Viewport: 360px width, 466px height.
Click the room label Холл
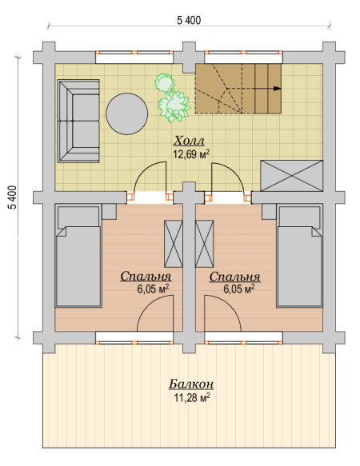tap(189, 140)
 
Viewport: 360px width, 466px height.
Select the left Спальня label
tap(146, 277)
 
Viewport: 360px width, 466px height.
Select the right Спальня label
tap(234, 277)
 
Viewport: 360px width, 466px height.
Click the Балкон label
tap(191, 384)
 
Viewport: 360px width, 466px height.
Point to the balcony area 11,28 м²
tap(192, 397)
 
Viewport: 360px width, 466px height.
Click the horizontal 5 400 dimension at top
tap(189, 21)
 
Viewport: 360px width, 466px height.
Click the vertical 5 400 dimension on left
tap(13, 197)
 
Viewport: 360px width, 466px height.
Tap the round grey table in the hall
tap(127, 114)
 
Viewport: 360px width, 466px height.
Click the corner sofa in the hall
tap(78, 121)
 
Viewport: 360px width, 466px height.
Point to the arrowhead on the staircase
tap(278, 88)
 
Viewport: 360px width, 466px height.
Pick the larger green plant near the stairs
tap(174, 106)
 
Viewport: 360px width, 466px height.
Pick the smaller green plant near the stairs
tap(164, 82)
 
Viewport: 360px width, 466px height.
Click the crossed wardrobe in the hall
tap(291, 176)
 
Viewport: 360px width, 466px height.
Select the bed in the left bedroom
tap(78, 256)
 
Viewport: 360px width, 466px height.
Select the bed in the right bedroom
tap(299, 256)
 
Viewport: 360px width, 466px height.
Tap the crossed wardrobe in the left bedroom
tap(174, 244)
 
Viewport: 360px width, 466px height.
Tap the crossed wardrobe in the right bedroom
tap(204, 244)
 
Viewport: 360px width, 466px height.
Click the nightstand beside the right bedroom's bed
tap(269, 212)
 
